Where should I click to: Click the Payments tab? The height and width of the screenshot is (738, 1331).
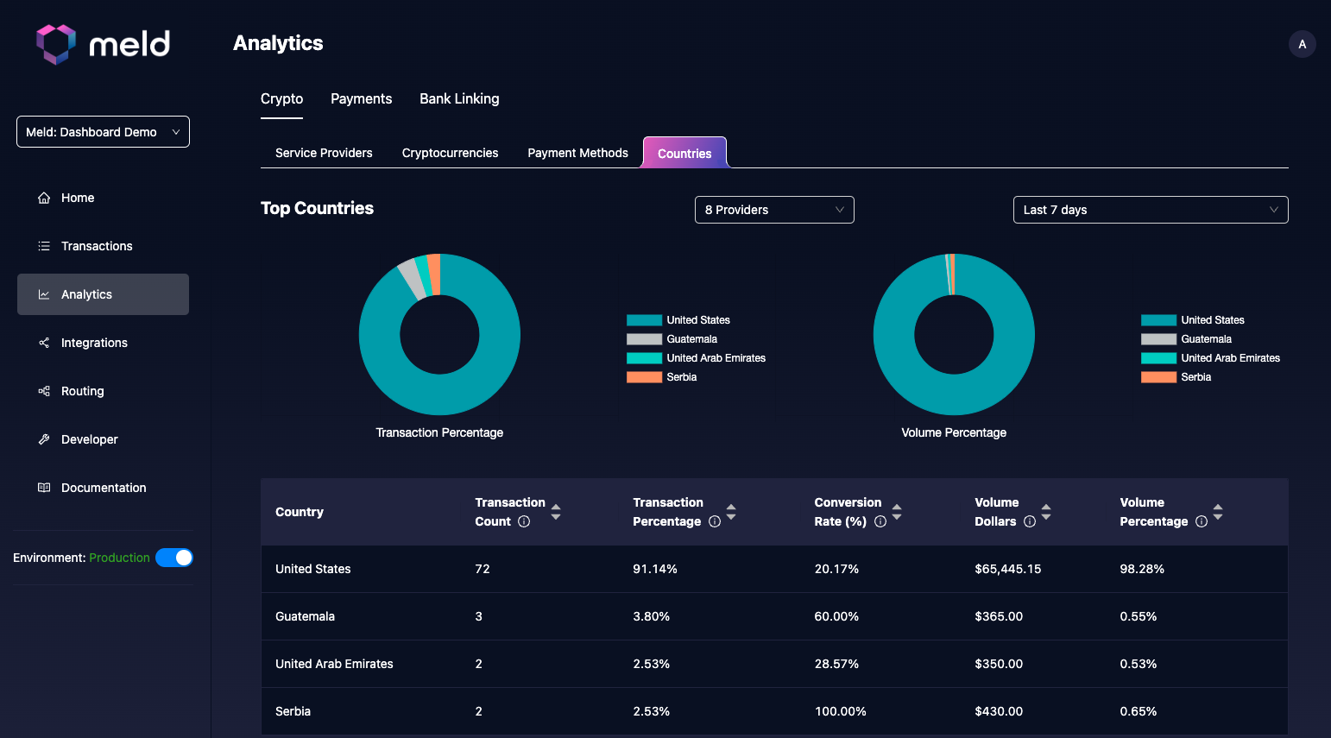click(x=361, y=99)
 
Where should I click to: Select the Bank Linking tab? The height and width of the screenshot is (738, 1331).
click(x=459, y=99)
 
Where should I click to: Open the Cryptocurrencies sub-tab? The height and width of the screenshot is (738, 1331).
click(x=450, y=153)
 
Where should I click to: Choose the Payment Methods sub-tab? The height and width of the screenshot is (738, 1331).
click(x=577, y=153)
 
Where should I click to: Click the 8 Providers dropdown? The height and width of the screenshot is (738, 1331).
click(x=774, y=210)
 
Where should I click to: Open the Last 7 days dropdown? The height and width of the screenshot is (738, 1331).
click(x=1150, y=210)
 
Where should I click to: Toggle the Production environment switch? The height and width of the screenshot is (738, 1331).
click(x=174, y=558)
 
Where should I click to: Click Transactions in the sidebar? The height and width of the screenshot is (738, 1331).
click(x=97, y=246)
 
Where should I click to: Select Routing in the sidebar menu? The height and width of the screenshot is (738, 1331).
click(x=83, y=391)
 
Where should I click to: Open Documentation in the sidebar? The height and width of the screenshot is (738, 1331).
click(x=104, y=488)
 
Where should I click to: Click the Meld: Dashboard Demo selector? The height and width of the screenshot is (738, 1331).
click(x=103, y=132)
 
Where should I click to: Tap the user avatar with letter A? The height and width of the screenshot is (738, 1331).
click(x=1302, y=44)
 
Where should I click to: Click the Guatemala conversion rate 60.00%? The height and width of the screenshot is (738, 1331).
click(x=836, y=616)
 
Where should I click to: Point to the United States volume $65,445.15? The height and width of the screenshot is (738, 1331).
click(x=1007, y=569)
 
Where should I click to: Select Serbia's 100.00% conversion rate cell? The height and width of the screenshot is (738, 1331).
click(x=840, y=711)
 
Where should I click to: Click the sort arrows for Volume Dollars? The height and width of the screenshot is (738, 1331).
click(x=1046, y=512)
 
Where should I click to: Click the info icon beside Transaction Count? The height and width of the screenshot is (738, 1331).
click(x=524, y=521)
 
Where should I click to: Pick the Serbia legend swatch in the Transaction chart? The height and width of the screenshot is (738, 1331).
click(x=644, y=377)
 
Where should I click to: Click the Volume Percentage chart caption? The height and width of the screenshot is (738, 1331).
click(x=954, y=432)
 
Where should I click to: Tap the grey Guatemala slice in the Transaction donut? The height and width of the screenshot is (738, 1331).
click(x=411, y=278)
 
